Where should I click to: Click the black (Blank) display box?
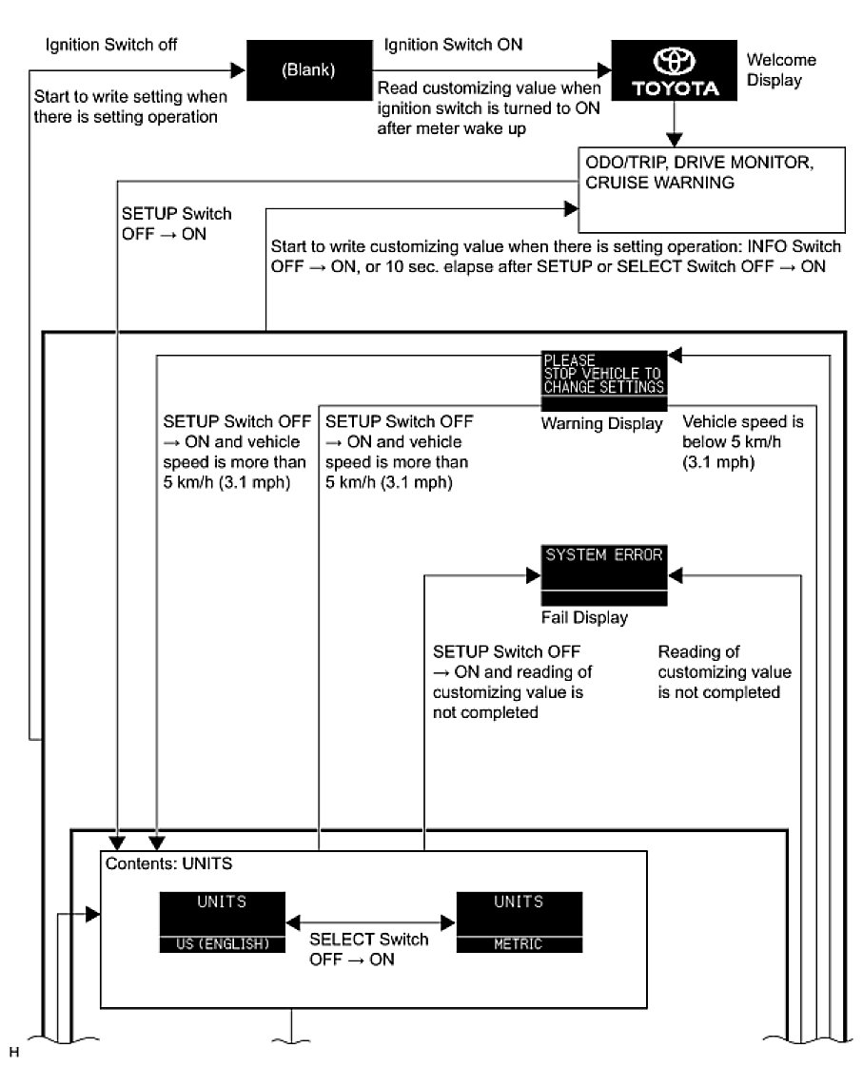[308, 70]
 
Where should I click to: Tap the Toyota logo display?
[673, 71]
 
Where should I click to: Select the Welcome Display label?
[781, 70]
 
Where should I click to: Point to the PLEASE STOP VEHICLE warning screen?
[603, 374]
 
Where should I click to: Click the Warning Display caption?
[601, 424]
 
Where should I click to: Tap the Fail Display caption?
[584, 618]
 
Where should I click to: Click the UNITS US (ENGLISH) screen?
[222, 921]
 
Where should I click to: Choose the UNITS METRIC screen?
[519, 921]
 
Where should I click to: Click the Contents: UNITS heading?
[168, 865]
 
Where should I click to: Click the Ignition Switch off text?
[111, 45]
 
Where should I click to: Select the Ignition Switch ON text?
[453, 45]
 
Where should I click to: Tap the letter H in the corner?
[13, 1052]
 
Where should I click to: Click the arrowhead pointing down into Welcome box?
[674, 136]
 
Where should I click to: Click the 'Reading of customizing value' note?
[724, 672]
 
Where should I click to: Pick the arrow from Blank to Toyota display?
[490, 70]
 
